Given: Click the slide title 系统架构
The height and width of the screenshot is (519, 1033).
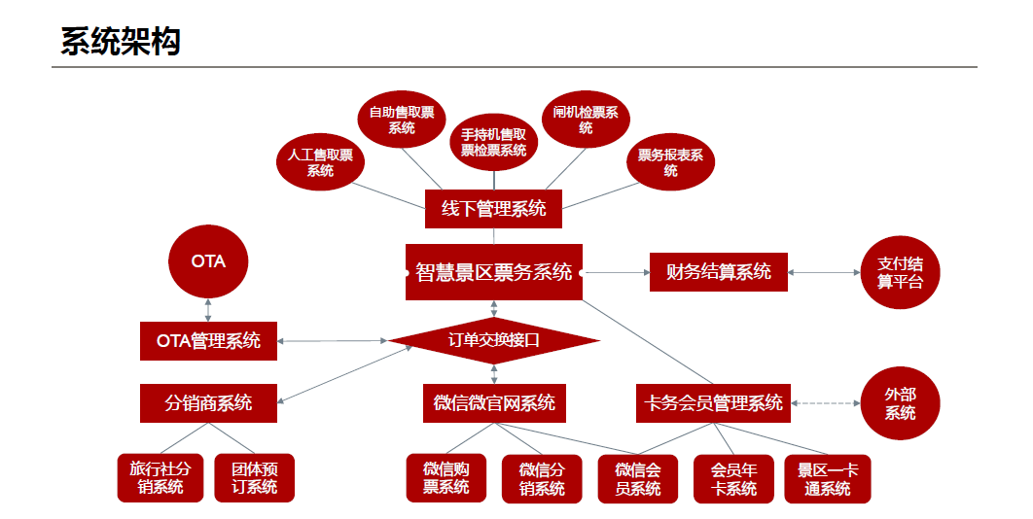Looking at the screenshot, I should [x=121, y=42].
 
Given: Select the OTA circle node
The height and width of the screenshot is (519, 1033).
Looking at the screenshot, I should [x=208, y=261].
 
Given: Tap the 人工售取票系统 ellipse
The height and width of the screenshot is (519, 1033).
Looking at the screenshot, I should [x=320, y=162].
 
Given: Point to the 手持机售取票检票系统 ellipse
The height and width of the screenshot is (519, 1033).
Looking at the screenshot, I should [x=493, y=142].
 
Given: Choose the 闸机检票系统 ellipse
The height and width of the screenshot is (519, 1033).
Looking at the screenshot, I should [x=586, y=120].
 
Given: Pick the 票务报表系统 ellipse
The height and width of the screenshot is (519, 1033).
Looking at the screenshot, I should [x=670, y=162].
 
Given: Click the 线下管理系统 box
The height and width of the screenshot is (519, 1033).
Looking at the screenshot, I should [x=493, y=208].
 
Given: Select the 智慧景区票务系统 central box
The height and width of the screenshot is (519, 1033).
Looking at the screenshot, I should [x=493, y=272].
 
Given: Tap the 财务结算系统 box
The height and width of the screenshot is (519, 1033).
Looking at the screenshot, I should [x=718, y=272].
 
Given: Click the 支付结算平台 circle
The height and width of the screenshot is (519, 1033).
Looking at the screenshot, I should [x=900, y=272].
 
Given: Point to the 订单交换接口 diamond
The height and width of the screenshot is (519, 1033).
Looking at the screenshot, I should [x=493, y=340].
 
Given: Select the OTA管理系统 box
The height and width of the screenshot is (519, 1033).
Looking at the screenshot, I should [x=208, y=341].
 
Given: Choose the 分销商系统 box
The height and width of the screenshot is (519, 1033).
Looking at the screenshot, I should [x=208, y=402].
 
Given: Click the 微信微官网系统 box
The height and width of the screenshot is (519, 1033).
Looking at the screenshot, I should [x=493, y=402].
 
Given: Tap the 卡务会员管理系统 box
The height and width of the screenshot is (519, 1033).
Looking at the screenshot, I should [x=713, y=402].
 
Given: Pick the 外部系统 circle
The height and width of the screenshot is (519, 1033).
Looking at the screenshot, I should [x=900, y=402].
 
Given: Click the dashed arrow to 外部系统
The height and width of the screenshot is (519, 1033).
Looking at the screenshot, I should [x=826, y=402].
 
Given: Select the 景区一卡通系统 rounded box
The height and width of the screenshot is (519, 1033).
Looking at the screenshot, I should [x=828, y=478].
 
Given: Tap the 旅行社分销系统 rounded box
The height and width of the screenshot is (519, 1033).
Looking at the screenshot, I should [x=160, y=477].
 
